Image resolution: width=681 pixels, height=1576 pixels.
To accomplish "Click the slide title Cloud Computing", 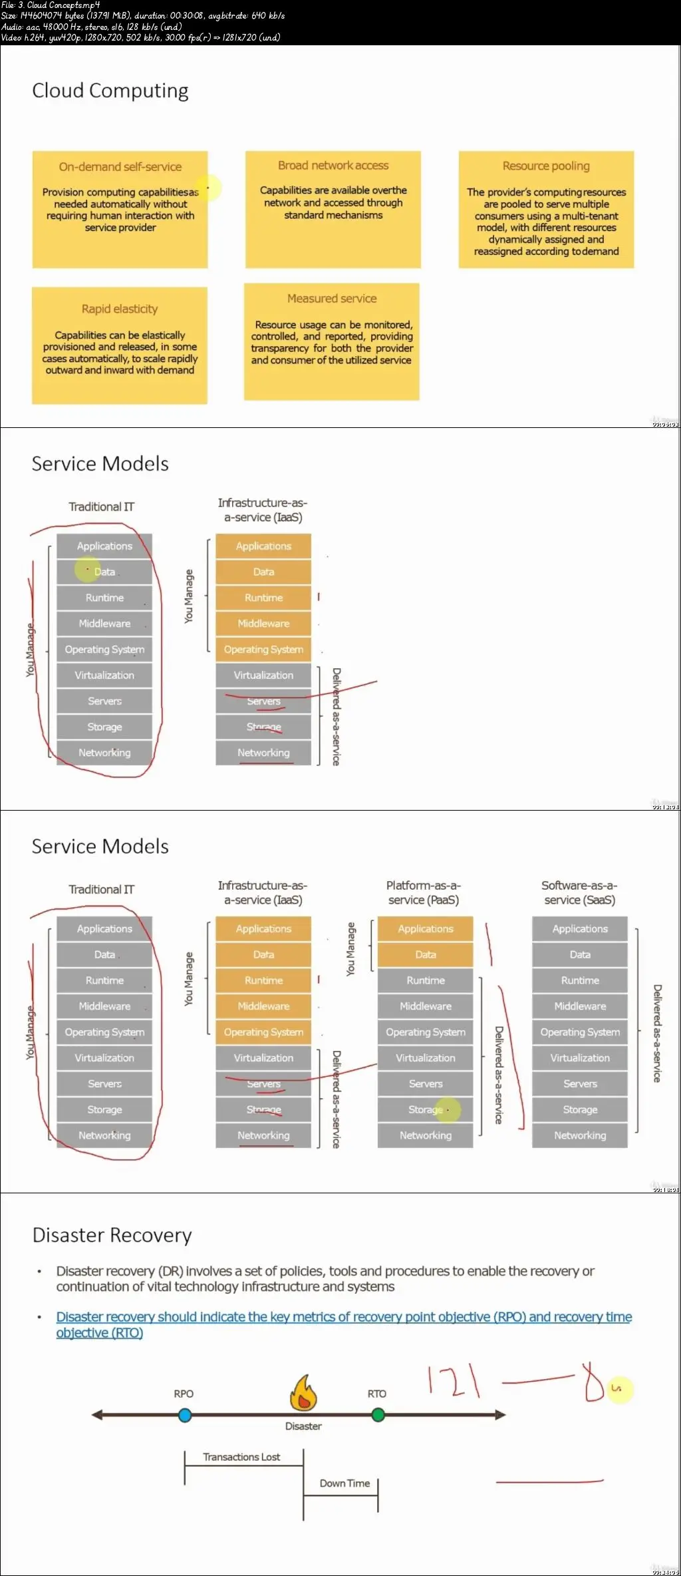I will pyautogui.click(x=110, y=91).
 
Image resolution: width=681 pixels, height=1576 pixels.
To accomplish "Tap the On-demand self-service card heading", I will pyautogui.click(x=120, y=166).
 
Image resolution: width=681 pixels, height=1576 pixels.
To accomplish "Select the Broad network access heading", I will pyautogui.click(x=333, y=165).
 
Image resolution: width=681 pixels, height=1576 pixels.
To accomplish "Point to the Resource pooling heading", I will pyautogui.click(x=546, y=166).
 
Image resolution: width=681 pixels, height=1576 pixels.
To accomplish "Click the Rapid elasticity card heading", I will pyautogui.click(x=120, y=309).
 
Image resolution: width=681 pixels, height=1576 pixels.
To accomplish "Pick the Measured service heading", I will pyautogui.click(x=332, y=298).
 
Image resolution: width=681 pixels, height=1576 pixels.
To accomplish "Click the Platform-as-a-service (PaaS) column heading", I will pyautogui.click(x=424, y=892).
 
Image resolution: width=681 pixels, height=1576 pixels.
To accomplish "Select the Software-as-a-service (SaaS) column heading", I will pyautogui.click(x=579, y=892).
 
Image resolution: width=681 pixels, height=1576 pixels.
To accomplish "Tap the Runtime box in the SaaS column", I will pyautogui.click(x=580, y=980).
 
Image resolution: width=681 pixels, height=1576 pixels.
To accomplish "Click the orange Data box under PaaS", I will pyautogui.click(x=426, y=954).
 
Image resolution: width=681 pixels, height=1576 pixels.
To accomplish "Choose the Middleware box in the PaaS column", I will pyautogui.click(x=426, y=1006).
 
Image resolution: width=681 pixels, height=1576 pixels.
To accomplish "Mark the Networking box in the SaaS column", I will pyautogui.click(x=580, y=1135).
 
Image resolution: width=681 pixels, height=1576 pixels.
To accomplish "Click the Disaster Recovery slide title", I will pyautogui.click(x=112, y=1235).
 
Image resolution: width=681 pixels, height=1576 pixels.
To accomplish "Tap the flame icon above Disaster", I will pyautogui.click(x=303, y=1393).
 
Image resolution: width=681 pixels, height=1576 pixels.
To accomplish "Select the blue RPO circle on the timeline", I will pyautogui.click(x=186, y=1415).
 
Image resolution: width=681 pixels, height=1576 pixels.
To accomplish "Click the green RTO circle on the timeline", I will pyautogui.click(x=378, y=1414).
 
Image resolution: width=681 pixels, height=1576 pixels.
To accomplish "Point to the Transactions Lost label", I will pyautogui.click(x=241, y=1457).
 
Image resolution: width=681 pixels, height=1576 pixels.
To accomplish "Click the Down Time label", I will pyautogui.click(x=344, y=1483).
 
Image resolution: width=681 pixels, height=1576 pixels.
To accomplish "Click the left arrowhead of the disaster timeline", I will pyautogui.click(x=98, y=1415).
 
